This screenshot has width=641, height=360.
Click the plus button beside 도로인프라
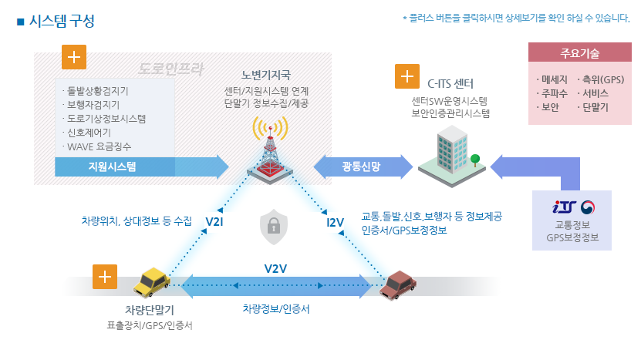tap(74, 59)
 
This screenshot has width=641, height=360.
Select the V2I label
tap(215, 223)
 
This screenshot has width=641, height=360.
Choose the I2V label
tap(336, 223)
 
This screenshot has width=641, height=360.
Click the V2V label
tap(275, 269)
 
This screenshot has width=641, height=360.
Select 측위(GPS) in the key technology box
tap(603, 79)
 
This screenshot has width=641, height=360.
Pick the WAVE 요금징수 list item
tap(100, 146)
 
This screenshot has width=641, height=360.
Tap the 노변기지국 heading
tap(265, 75)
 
